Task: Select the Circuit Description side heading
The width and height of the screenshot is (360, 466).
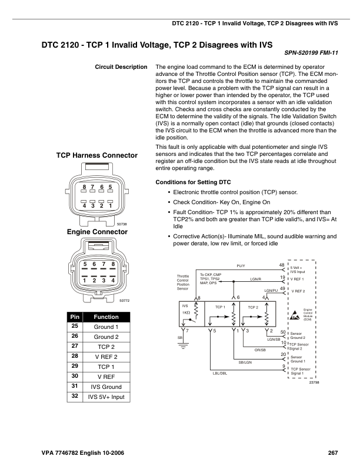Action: click(121, 67)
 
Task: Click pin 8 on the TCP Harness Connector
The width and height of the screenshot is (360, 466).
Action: click(85, 187)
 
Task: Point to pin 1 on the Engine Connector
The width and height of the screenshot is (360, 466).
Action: click(85, 281)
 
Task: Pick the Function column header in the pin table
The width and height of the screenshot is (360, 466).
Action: click(106, 317)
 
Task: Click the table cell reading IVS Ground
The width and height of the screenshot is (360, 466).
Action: click(106, 387)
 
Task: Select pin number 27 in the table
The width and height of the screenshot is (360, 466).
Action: click(75, 347)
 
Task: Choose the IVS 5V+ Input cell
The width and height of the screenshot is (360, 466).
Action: click(106, 397)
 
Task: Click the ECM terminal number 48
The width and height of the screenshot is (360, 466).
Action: click(282, 265)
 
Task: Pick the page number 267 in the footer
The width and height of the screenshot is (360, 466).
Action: click(333, 452)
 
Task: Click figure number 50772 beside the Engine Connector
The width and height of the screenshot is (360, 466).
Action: click(124, 301)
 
